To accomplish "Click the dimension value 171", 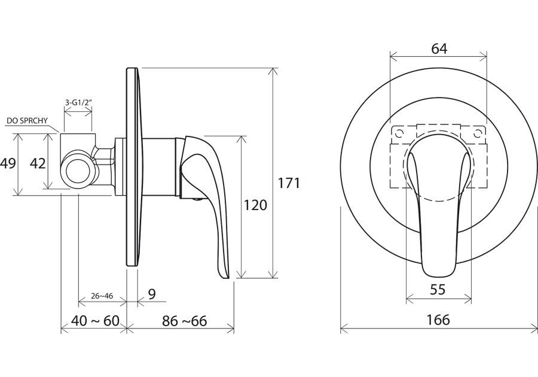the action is pos(289,183).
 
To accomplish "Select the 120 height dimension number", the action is pos(255,205).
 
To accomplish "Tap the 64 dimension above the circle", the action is pos(439,48).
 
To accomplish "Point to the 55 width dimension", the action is pos(438,290).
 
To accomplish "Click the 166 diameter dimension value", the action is pos(438,320).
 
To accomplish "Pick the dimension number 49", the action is pos(8,163).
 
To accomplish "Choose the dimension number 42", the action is pos(38,163).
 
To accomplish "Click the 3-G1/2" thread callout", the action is pos(79,102).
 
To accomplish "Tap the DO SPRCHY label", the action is pos(27,121).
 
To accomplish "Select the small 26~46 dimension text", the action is pos(102,296).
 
